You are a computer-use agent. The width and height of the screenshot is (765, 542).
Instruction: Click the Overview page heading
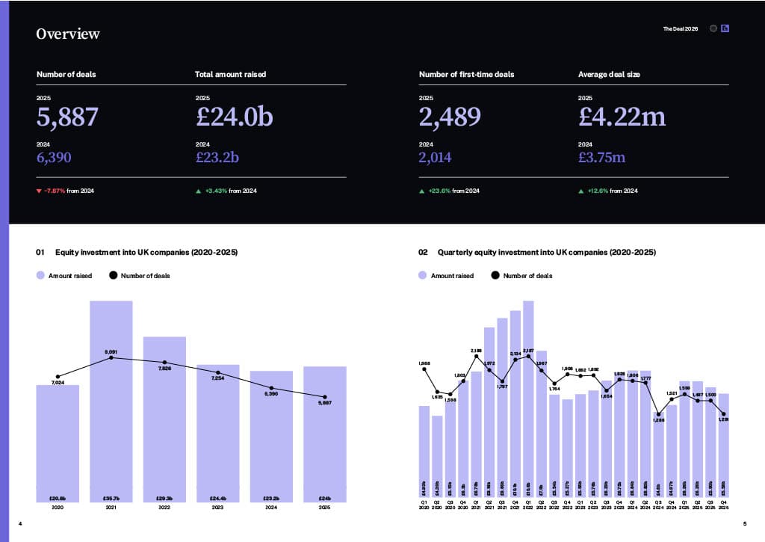click(x=68, y=34)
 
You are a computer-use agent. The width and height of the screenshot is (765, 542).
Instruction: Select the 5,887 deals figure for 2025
click(x=67, y=117)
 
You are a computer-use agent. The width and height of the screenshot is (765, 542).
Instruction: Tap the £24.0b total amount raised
click(x=235, y=117)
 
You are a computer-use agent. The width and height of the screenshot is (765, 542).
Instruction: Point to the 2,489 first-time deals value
click(x=450, y=117)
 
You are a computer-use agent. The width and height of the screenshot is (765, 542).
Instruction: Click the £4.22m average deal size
click(x=622, y=117)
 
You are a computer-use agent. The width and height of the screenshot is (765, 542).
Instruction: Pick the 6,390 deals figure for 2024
click(x=57, y=157)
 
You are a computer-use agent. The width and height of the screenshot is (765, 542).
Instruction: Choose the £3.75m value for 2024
click(x=601, y=157)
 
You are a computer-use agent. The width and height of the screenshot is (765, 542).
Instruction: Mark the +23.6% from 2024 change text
click(x=453, y=191)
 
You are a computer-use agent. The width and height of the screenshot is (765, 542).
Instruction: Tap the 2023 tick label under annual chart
click(x=218, y=508)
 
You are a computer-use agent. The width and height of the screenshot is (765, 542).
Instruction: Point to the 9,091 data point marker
click(x=111, y=357)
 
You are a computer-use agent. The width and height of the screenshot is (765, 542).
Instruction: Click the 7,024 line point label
click(x=58, y=383)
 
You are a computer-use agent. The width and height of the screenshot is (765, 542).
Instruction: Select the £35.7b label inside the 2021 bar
click(x=111, y=498)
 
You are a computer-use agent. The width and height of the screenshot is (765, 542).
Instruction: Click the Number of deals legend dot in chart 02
click(x=495, y=276)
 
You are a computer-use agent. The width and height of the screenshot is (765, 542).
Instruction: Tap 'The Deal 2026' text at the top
click(x=681, y=28)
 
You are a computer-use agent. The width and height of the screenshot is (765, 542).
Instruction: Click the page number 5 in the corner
click(x=745, y=523)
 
